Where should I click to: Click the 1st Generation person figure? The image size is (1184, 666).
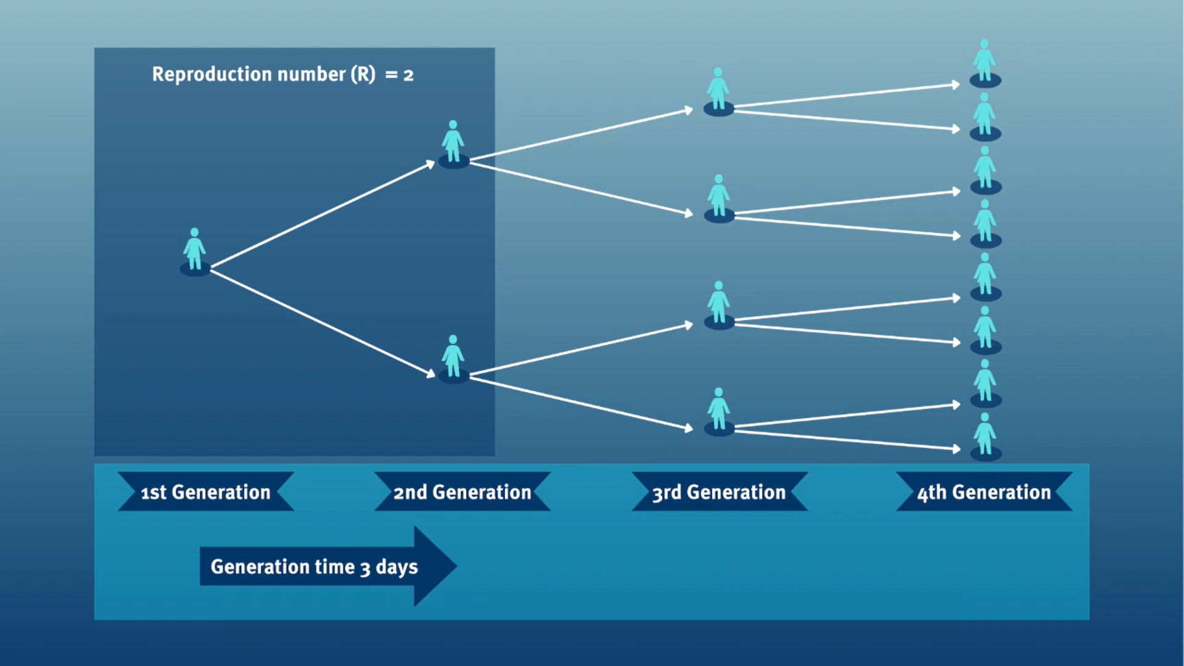click(x=195, y=252)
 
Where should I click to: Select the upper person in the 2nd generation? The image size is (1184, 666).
click(x=453, y=144)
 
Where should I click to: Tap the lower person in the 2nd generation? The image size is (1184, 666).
click(x=453, y=358)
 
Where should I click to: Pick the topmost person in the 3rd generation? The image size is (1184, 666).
click(x=718, y=91)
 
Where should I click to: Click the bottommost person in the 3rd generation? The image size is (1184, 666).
click(x=719, y=411)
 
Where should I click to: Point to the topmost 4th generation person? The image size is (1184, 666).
click(x=985, y=63)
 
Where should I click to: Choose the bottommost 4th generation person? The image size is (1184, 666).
click(x=985, y=437)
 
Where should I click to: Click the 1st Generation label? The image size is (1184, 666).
click(x=206, y=491)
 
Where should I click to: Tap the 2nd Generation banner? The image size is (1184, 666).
click(x=462, y=491)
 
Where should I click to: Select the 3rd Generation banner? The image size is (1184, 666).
click(x=720, y=491)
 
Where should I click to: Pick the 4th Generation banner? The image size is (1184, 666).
click(x=984, y=491)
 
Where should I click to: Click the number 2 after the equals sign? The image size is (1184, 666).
click(x=408, y=76)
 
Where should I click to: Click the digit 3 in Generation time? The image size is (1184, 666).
click(x=365, y=568)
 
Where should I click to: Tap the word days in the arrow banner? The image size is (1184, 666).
click(x=397, y=567)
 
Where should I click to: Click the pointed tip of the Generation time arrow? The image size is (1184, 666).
click(x=456, y=565)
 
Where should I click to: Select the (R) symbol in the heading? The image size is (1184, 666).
click(x=363, y=74)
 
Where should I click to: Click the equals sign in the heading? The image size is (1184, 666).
click(x=391, y=75)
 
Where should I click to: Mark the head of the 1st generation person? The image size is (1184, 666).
click(x=195, y=232)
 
